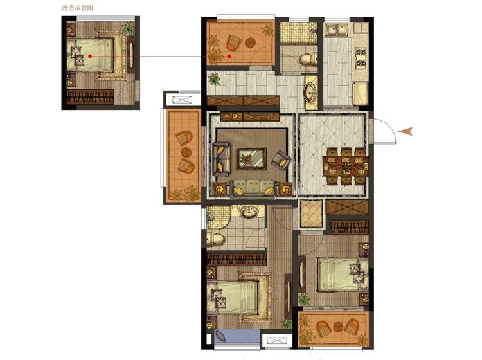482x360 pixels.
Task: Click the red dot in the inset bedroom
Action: tap(90, 56)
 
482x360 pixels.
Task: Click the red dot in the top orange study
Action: tap(229, 57)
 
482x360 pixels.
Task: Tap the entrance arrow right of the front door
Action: tap(405, 131)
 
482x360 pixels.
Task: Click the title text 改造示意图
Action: tap(77, 8)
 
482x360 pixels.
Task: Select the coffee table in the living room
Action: tap(252, 159)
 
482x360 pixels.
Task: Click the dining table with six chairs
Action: tap(346, 166)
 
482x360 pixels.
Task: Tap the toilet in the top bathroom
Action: tap(308, 59)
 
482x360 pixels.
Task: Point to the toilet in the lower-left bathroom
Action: tap(215, 239)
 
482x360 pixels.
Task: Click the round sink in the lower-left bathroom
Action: tap(249, 212)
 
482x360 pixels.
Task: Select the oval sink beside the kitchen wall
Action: tap(311, 92)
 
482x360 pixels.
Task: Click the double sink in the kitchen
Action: tap(337, 30)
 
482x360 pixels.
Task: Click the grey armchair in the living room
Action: tap(280, 160)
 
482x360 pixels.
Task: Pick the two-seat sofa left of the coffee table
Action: tap(221, 159)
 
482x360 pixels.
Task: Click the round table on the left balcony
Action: tap(186, 152)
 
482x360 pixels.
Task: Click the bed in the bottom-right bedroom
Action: tap(343, 274)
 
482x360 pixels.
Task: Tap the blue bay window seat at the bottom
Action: tap(237, 336)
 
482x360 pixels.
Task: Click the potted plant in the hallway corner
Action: tap(214, 79)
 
